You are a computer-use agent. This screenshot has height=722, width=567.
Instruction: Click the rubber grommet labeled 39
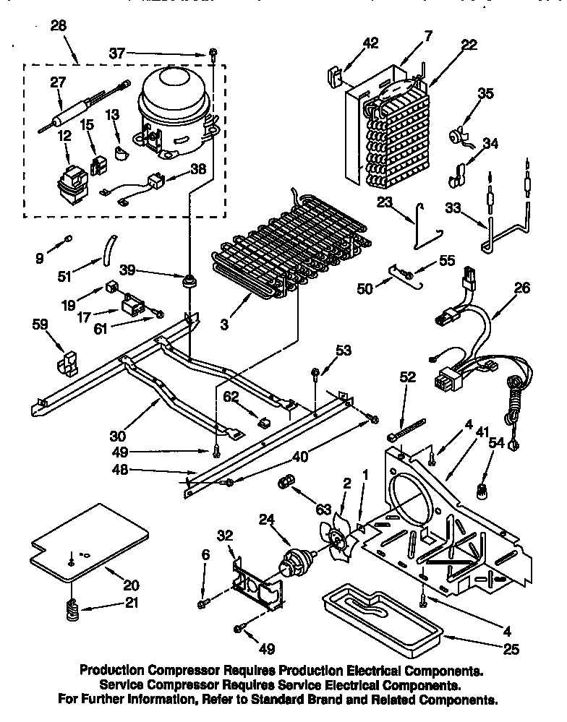tap(191, 280)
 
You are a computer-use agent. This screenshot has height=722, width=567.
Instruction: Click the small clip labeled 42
tap(335, 74)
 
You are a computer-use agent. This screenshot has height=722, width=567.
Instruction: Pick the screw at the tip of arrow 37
tap(213, 53)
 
